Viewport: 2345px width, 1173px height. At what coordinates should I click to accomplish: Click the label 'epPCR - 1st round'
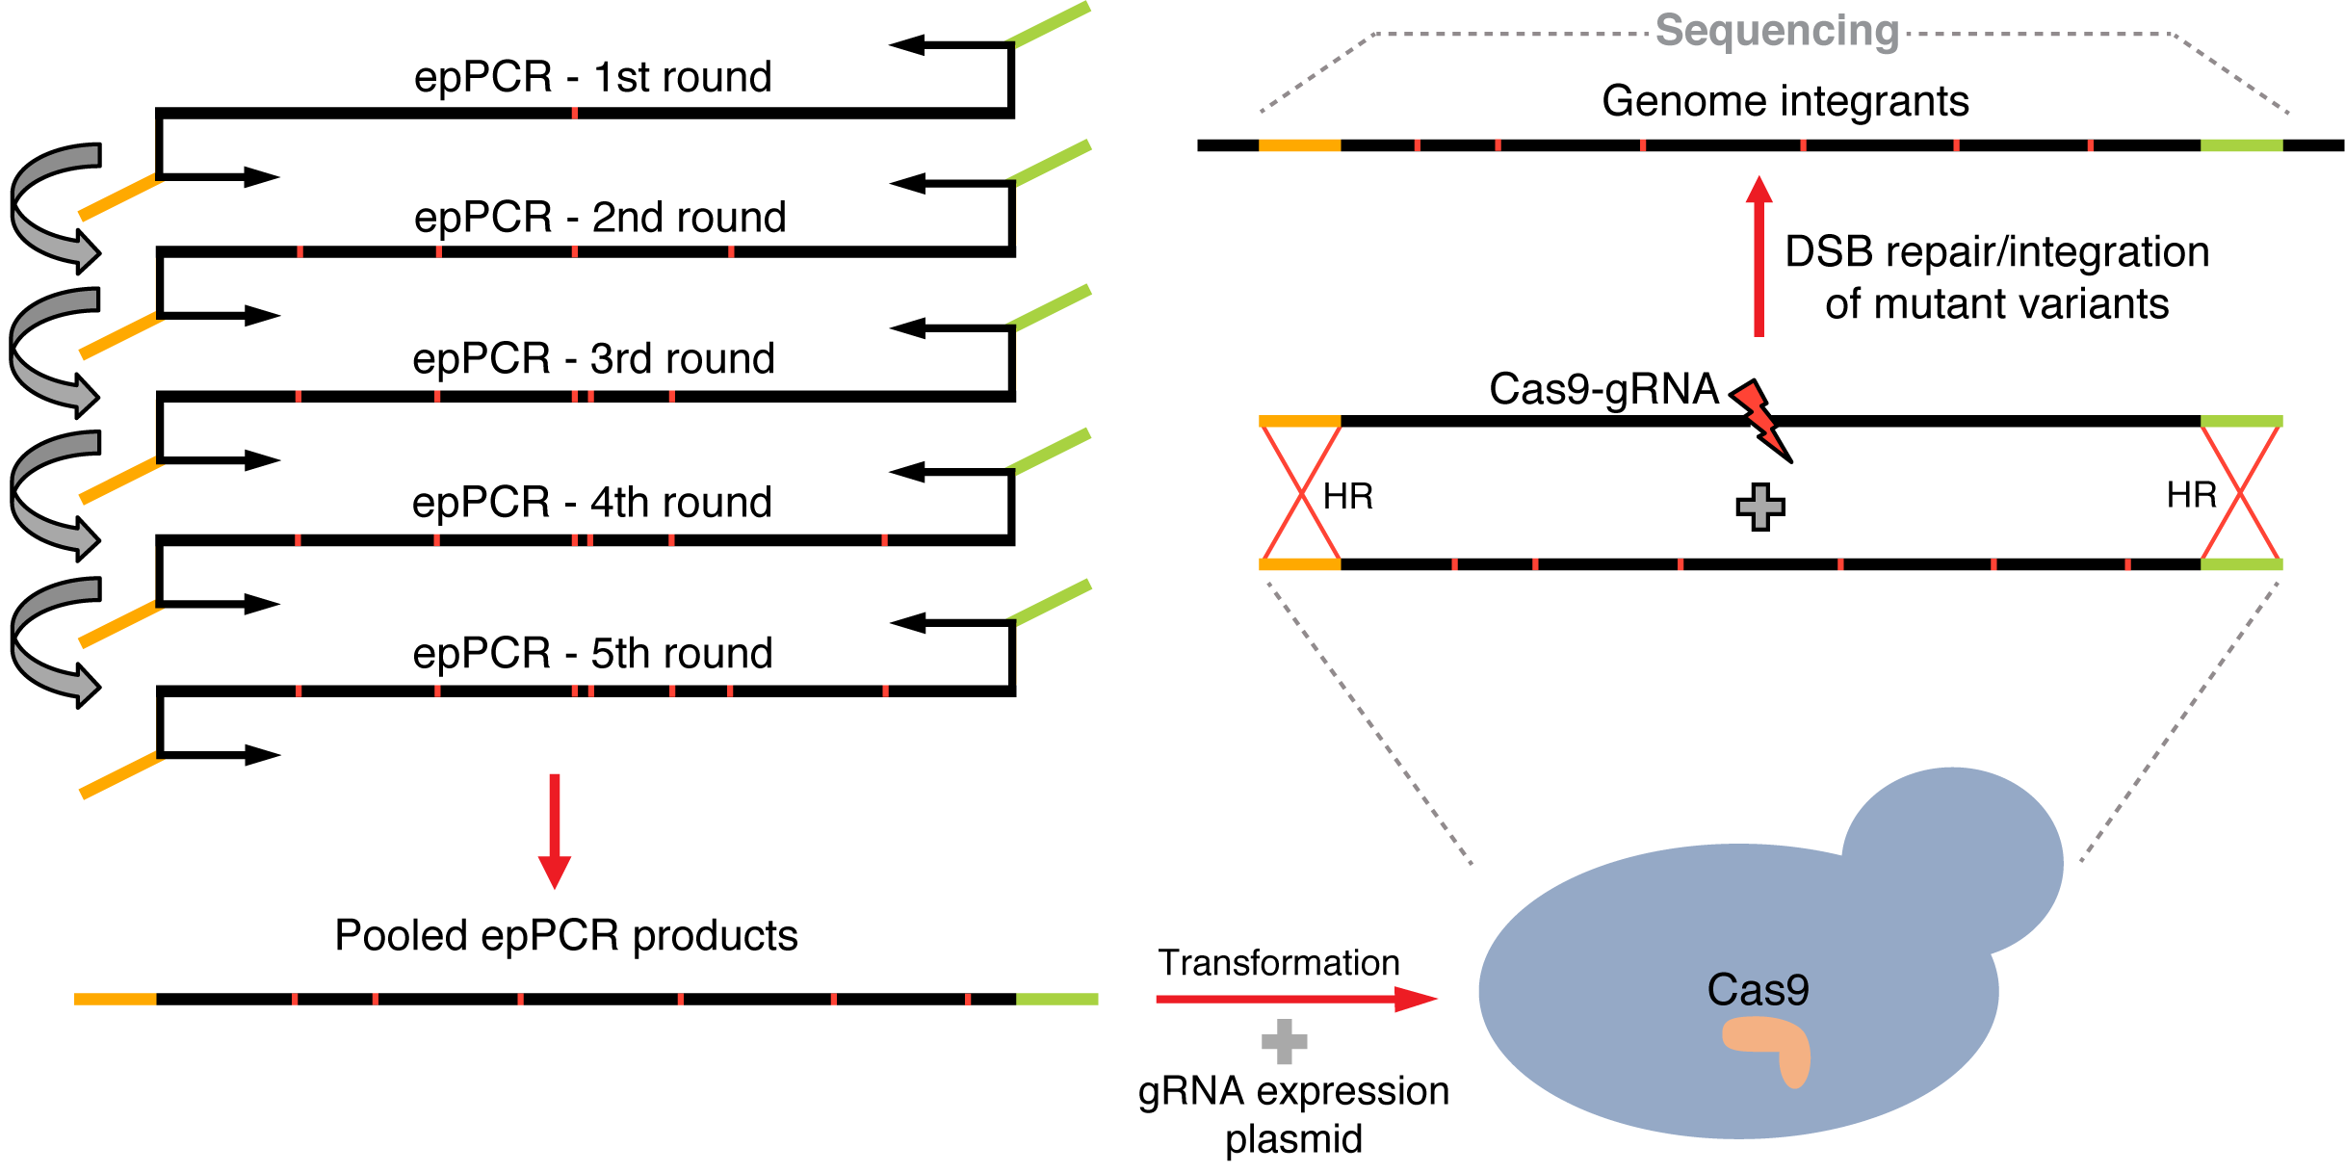pyautogui.click(x=593, y=77)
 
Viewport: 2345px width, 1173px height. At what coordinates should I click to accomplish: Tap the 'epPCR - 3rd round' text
pyautogui.click(x=593, y=359)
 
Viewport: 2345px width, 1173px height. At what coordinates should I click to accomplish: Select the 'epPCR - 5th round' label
pyautogui.click(x=593, y=654)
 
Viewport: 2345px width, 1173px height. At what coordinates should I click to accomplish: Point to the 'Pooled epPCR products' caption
pyautogui.click(x=566, y=936)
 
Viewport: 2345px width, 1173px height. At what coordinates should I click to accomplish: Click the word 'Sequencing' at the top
pyautogui.click(x=1777, y=31)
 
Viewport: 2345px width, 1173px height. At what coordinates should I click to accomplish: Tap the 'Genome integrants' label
pyautogui.click(x=1785, y=101)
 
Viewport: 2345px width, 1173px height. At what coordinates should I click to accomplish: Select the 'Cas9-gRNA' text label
pyautogui.click(x=1603, y=390)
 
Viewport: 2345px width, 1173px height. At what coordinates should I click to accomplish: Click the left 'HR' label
pyautogui.click(x=1348, y=497)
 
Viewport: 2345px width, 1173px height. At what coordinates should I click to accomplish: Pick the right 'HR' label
pyautogui.click(x=2192, y=495)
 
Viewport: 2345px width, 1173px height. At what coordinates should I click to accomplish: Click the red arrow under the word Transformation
pyautogui.click(x=1296, y=999)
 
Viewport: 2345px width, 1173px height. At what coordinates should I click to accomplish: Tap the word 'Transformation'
pyautogui.click(x=1279, y=963)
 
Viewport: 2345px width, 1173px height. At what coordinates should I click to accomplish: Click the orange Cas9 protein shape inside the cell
pyautogui.click(x=1768, y=1051)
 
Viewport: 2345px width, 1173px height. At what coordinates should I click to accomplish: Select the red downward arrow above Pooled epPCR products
pyautogui.click(x=555, y=831)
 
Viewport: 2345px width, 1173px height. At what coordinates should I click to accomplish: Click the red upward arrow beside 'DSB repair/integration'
pyautogui.click(x=1759, y=256)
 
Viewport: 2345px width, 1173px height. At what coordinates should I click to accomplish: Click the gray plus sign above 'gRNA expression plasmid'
pyautogui.click(x=1284, y=1041)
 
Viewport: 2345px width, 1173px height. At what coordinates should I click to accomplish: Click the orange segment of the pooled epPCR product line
pyautogui.click(x=116, y=1000)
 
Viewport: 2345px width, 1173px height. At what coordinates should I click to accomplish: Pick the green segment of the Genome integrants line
pyautogui.click(x=2241, y=145)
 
